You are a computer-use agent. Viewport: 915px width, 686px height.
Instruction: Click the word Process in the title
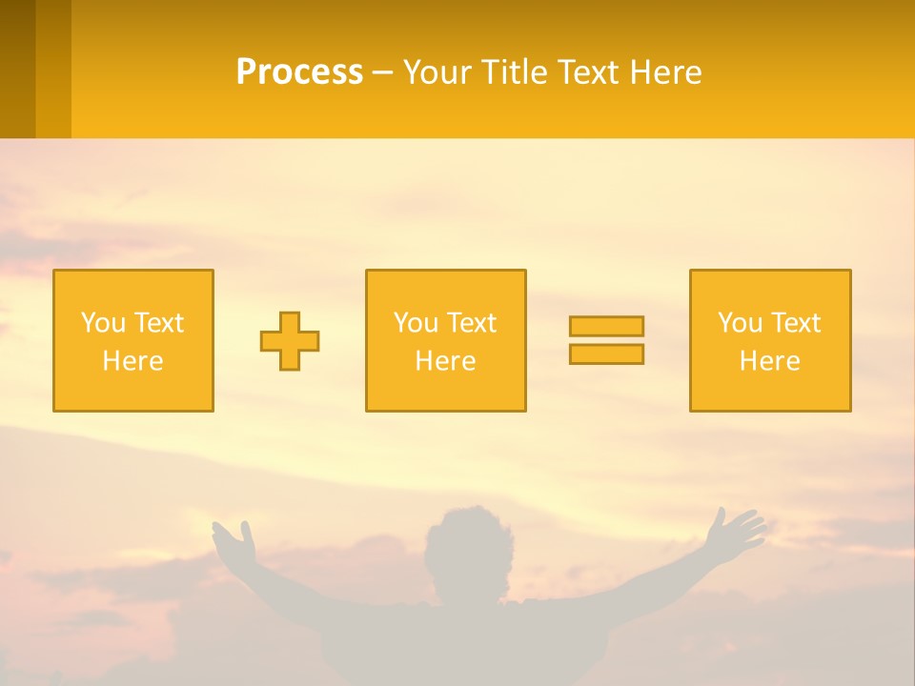(x=299, y=72)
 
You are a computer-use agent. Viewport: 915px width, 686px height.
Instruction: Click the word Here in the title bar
(x=665, y=72)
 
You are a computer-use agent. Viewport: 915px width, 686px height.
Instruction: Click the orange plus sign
(x=290, y=341)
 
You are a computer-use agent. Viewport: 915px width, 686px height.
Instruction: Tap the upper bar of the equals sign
(x=606, y=327)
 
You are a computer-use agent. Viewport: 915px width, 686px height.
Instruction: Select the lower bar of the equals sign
(x=606, y=353)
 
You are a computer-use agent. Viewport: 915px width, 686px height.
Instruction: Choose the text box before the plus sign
(x=133, y=340)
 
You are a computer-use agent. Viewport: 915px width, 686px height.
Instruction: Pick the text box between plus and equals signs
(x=445, y=340)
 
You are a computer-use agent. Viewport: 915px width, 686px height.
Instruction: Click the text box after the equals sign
(x=770, y=340)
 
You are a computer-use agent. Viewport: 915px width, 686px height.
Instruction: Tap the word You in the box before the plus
(x=103, y=323)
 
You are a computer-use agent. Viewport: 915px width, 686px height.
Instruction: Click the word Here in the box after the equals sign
(x=770, y=361)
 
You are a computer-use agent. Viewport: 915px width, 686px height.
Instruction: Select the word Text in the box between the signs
(x=470, y=323)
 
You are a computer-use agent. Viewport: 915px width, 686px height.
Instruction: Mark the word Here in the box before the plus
(x=133, y=361)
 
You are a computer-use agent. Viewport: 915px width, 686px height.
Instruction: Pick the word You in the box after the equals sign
(x=740, y=323)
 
